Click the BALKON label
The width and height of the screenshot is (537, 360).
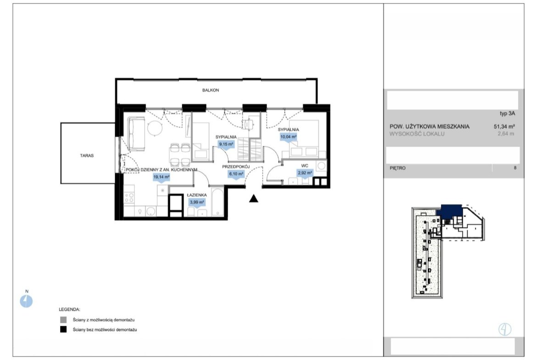point(210,90)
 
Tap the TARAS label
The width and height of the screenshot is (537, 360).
point(87,155)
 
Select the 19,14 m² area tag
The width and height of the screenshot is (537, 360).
point(161,177)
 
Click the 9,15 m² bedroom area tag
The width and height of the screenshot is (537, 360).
point(226,144)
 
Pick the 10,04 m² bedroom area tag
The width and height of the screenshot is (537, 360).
point(288,137)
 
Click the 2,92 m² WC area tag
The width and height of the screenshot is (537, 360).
point(305,173)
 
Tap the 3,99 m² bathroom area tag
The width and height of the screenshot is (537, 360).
point(197,203)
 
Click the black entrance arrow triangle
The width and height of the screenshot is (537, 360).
point(253,199)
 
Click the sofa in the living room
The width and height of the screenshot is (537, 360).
point(136,134)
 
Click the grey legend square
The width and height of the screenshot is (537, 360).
point(63,320)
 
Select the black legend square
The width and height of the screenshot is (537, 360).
point(63,330)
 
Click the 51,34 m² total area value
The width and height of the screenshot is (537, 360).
point(504,126)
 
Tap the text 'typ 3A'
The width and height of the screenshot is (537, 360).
point(507,114)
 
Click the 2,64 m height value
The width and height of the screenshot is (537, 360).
point(506,134)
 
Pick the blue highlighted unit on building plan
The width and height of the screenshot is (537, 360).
point(452,211)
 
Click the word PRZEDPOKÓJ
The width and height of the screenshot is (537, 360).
point(236,166)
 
